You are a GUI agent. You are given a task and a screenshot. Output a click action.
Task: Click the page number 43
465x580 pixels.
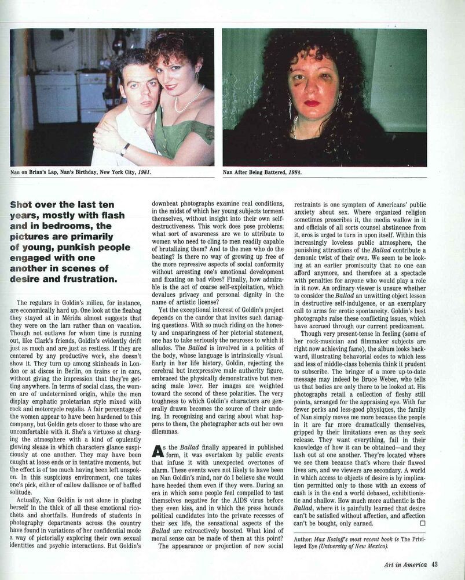[x=434, y=564]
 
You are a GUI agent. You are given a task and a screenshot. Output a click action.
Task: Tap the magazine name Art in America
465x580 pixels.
[x=405, y=564]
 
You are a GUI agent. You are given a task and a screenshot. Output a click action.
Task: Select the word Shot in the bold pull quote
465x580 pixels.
[x=21, y=205]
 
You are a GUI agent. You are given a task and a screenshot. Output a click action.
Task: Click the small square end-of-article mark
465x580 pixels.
[x=422, y=523]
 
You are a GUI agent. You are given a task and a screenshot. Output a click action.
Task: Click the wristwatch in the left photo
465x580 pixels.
[x=125, y=149]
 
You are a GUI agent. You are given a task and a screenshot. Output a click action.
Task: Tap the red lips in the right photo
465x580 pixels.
[x=312, y=103]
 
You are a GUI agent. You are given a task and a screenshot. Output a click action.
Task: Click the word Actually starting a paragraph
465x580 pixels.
[x=31, y=499]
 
